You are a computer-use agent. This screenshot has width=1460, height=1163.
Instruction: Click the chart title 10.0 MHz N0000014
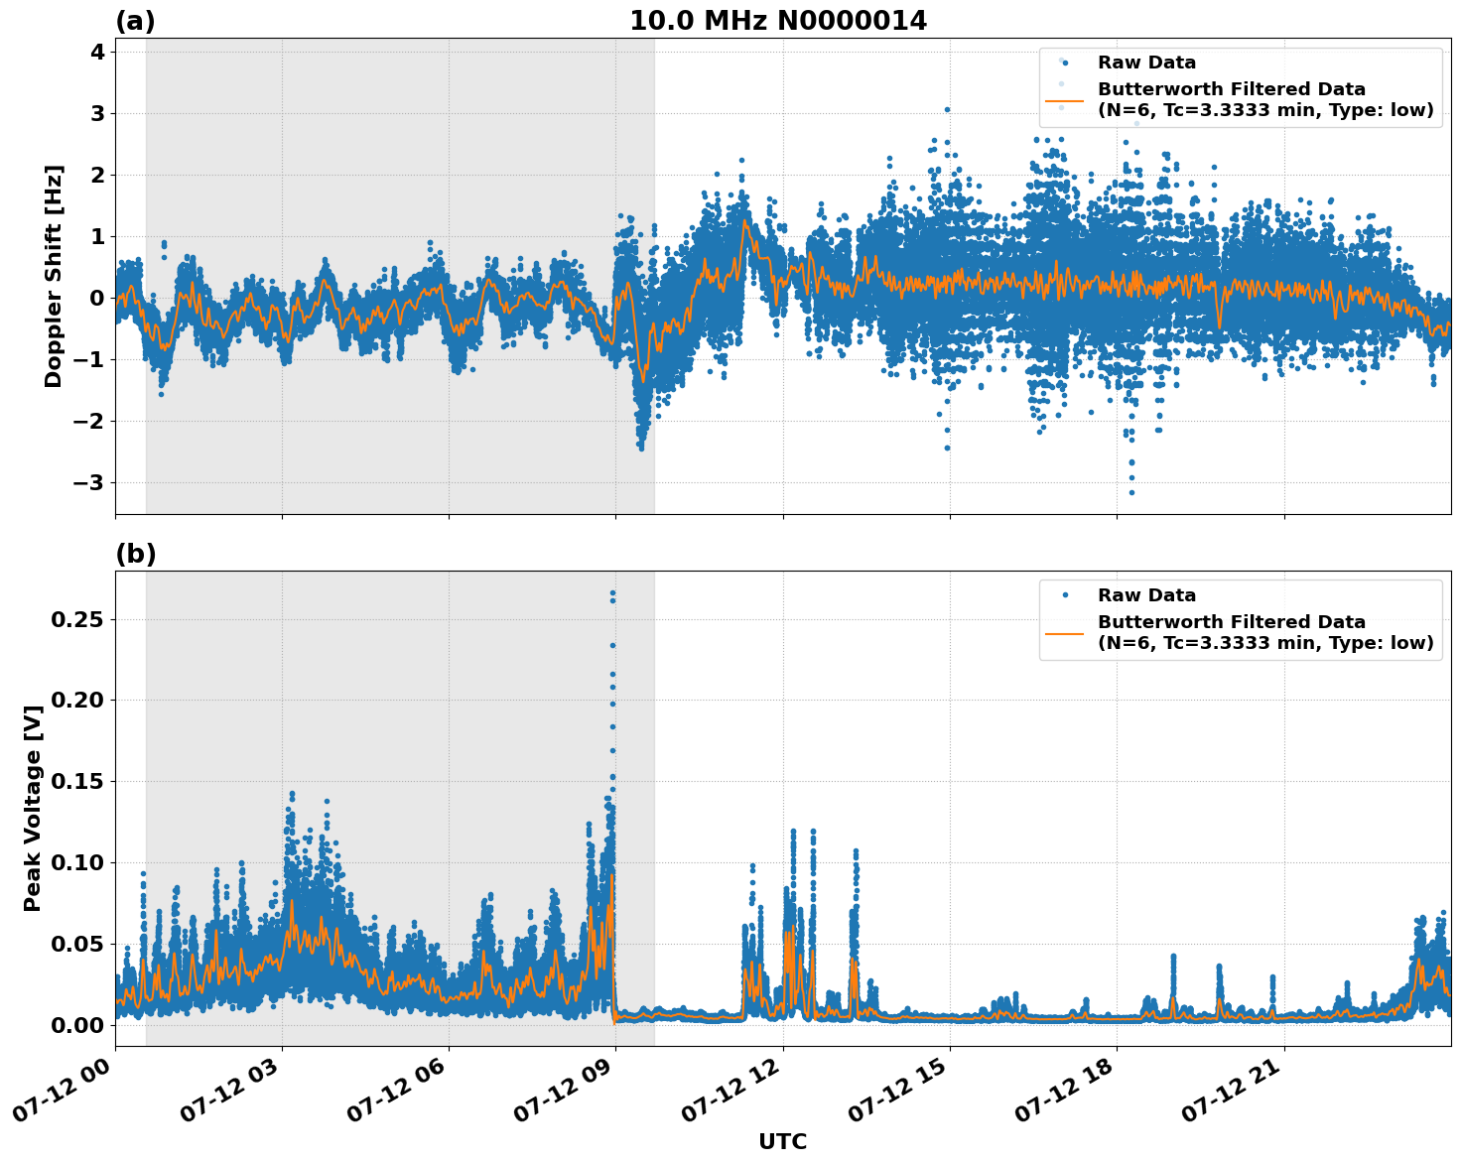pos(778,21)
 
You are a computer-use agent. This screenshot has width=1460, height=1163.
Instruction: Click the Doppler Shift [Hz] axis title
pos(54,276)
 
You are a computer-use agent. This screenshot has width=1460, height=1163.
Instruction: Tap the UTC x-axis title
pos(782,1141)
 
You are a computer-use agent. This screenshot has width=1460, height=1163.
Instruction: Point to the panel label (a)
pos(135,21)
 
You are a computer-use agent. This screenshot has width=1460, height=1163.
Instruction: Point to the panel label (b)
pos(135,554)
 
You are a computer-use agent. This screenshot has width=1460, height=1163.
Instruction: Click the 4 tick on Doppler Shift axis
pos(97,52)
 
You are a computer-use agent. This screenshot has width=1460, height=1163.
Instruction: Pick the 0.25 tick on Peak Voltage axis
pos(77,619)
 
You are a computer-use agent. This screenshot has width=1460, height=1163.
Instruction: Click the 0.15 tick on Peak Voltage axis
pos(77,781)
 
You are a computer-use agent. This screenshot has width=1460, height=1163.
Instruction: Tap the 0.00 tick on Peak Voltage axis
pos(77,1024)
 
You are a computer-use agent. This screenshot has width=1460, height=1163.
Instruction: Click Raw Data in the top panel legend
pos(1146,63)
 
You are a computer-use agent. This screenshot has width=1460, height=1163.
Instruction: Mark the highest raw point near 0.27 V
pos(612,593)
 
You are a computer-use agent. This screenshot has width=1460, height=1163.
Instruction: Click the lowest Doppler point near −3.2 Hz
pos(1131,492)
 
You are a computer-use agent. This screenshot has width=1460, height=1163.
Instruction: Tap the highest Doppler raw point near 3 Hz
pos(947,110)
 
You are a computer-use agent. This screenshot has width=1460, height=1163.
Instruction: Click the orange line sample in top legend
pos(1063,100)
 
